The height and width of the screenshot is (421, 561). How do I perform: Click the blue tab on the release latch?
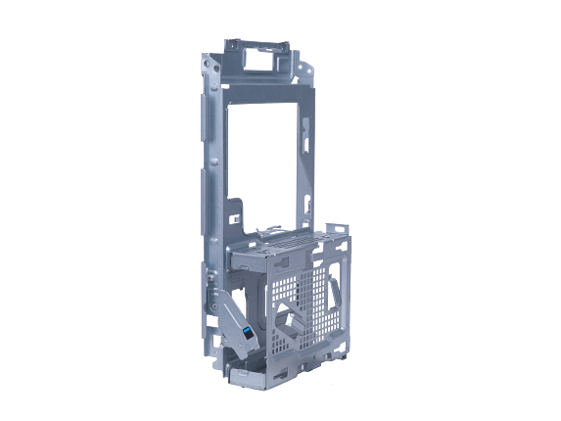(245, 334)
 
